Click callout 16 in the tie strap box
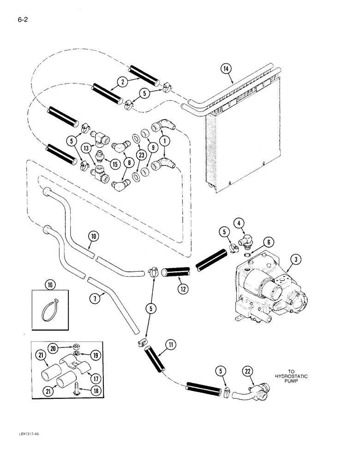(x=50, y=297)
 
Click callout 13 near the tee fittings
(x=84, y=148)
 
